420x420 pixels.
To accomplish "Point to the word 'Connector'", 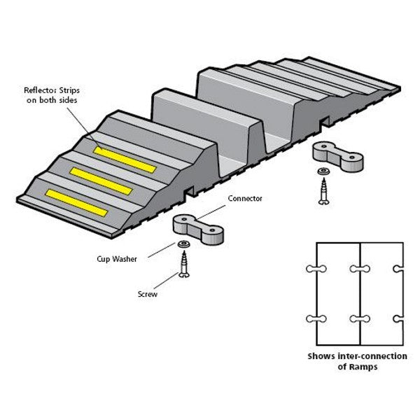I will point(245,199).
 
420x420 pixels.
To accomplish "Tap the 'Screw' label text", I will point(148,295).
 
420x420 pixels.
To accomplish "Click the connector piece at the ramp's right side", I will point(337,156).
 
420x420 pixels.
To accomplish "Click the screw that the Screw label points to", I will point(185,266).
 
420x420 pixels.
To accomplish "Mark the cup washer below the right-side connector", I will point(323,171).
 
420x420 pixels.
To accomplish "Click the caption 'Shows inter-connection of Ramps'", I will point(357,361).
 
